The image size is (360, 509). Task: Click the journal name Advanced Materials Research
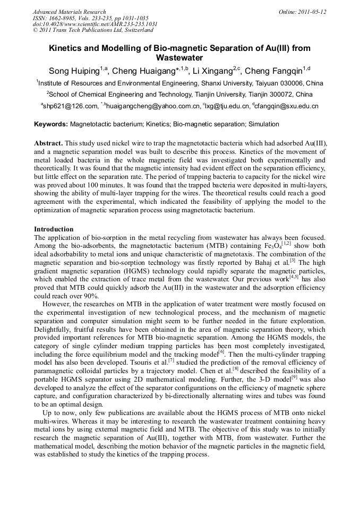point(69,12)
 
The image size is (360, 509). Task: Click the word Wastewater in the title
point(180,57)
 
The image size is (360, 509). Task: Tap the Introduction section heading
point(54,229)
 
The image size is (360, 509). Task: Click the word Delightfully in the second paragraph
point(55,329)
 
